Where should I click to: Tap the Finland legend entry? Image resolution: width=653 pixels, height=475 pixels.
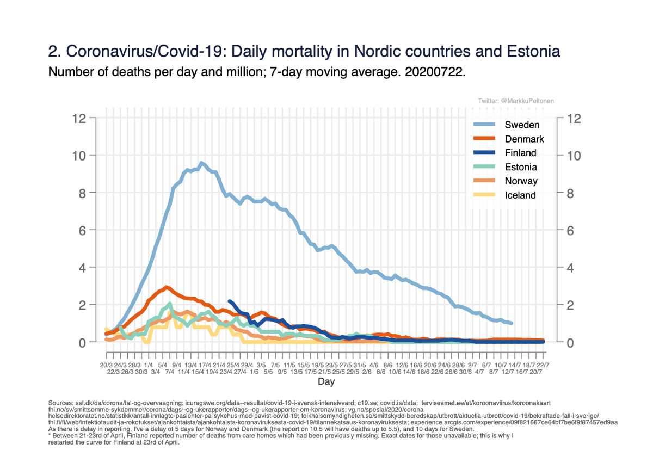(520, 153)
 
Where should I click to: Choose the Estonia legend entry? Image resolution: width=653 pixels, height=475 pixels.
(520, 167)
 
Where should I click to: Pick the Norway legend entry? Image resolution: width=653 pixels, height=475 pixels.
(520, 181)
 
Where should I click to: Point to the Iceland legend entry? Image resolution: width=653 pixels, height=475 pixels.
(520, 195)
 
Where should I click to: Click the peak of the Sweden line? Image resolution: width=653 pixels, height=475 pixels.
(201, 163)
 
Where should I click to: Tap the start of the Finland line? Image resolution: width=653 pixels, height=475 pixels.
(230, 301)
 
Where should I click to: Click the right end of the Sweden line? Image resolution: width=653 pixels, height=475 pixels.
(512, 323)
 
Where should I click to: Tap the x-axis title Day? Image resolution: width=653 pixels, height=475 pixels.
(326, 382)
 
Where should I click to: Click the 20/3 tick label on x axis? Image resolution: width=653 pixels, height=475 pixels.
(106, 365)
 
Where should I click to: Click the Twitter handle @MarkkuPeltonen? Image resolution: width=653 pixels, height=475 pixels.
(516, 101)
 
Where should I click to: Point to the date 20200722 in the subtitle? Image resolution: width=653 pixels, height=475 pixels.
(434, 71)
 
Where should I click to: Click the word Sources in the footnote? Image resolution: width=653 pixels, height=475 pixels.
(60, 403)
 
